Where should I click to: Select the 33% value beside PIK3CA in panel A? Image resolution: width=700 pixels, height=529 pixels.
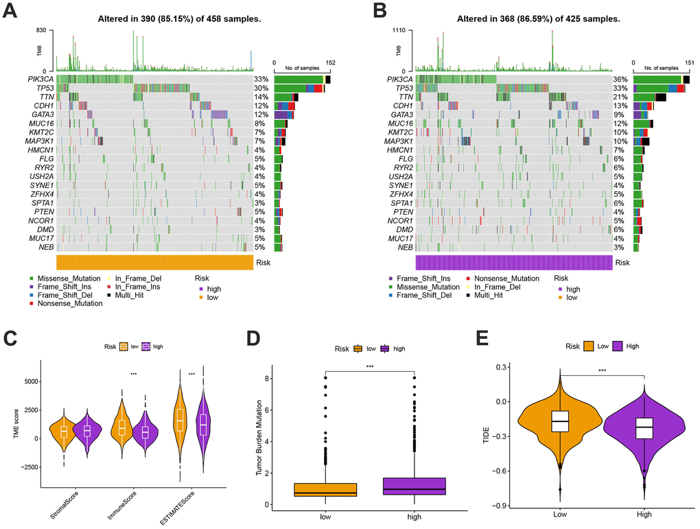(260, 80)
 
